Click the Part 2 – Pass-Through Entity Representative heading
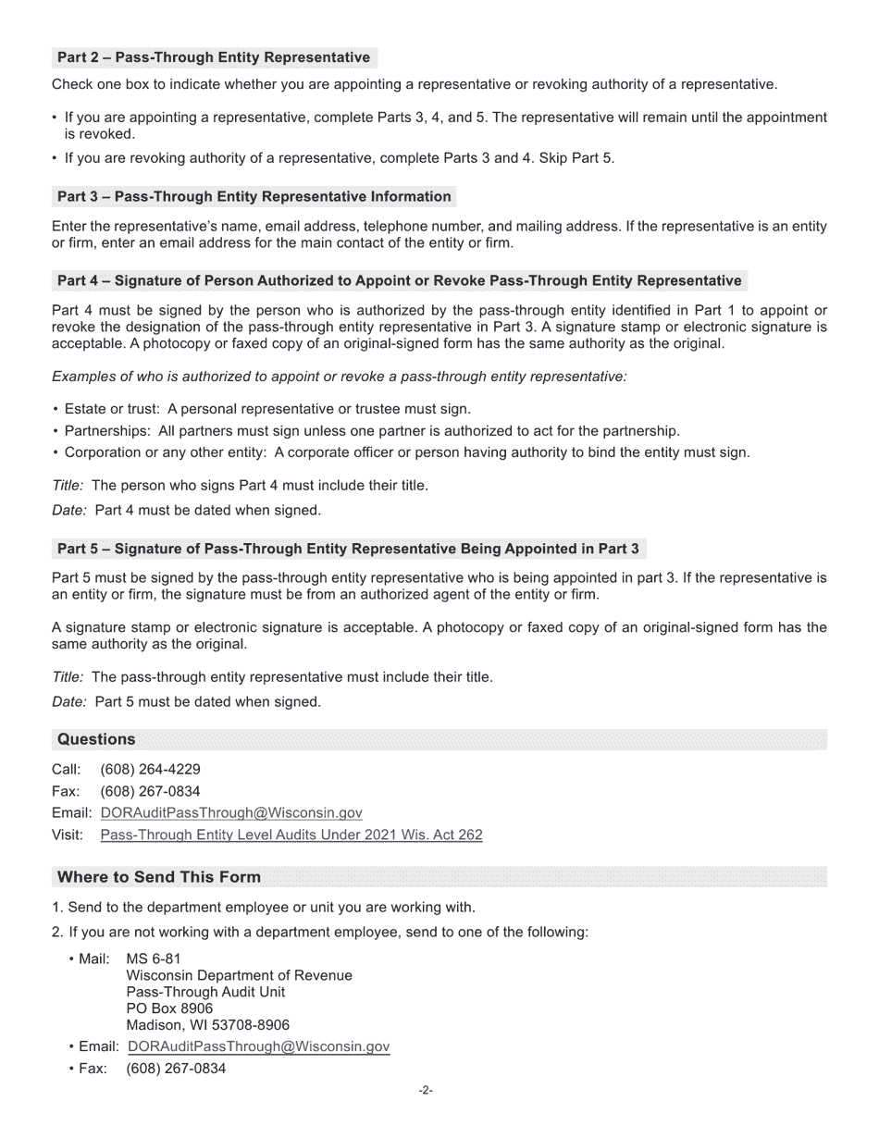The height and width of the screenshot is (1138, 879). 214,57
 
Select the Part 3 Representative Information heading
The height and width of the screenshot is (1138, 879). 254,196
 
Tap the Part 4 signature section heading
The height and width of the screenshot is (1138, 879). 399,280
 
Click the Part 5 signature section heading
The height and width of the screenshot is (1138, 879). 348,549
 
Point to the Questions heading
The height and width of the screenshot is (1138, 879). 96,739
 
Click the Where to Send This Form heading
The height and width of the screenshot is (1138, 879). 159,877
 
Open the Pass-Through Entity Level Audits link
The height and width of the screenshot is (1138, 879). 291,835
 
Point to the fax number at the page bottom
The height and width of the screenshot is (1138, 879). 176,1069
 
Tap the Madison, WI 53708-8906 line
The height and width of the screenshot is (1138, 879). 207,1025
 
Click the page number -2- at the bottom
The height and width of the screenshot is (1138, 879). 426,1091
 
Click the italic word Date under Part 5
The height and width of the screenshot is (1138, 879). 69,702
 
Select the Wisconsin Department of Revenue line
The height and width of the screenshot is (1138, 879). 239,976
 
